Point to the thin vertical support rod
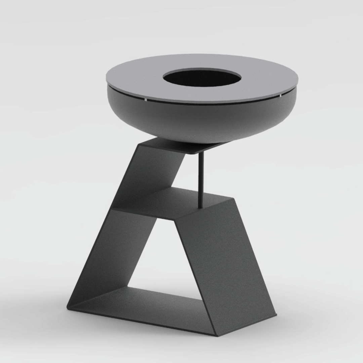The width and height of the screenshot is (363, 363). (x=201, y=178)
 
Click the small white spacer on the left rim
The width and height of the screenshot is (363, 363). (x=146, y=99)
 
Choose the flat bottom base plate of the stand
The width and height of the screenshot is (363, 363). (x=141, y=308)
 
